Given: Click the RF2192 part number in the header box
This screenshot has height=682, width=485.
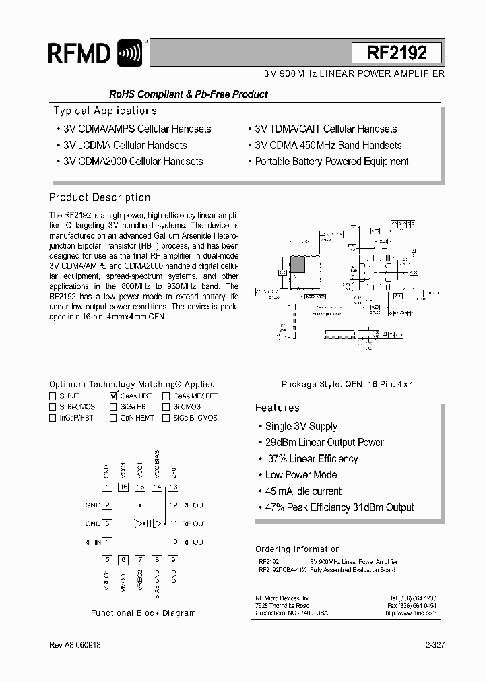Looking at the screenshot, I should click(x=397, y=53).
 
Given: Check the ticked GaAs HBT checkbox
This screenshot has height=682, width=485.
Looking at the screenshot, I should click(x=113, y=396).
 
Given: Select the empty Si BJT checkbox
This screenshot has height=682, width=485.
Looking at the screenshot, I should click(x=53, y=396).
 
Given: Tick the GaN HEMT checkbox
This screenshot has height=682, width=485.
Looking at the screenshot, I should click(x=113, y=418).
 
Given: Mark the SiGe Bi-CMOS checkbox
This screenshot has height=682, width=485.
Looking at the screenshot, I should click(x=166, y=418).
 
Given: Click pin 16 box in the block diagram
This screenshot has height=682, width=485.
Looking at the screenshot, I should click(x=123, y=487).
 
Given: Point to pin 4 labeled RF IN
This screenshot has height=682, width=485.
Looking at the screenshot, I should click(x=107, y=541).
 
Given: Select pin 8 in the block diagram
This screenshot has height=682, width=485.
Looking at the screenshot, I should click(x=156, y=559).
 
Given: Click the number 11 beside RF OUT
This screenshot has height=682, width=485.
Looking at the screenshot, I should click(x=173, y=523).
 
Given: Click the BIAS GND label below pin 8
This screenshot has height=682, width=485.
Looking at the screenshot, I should click(x=157, y=584).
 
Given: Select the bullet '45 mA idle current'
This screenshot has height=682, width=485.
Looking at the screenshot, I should click(x=303, y=491).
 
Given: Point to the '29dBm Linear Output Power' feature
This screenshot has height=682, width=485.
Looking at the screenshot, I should click(x=324, y=443).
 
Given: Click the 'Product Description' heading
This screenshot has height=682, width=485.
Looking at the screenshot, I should click(x=100, y=197).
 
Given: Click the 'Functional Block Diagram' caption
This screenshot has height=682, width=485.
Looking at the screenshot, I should click(x=143, y=613).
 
